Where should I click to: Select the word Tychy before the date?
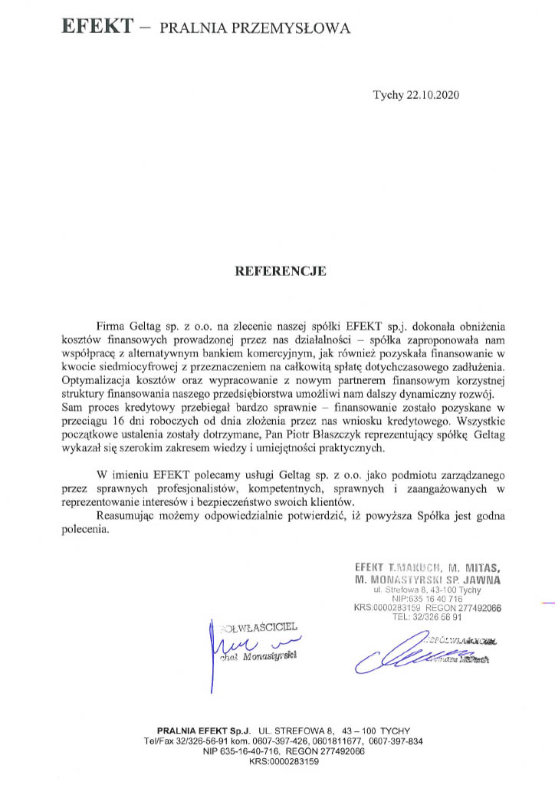[386, 95]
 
